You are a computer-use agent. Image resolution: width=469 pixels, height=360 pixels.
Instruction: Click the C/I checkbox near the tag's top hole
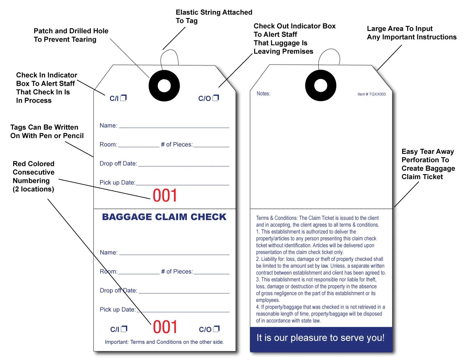pyautogui.click(x=123, y=98)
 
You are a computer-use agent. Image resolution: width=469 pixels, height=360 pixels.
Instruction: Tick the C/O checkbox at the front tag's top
pyautogui.click(x=216, y=98)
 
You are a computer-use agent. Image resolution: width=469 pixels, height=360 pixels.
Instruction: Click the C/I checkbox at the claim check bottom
pyautogui.click(x=124, y=329)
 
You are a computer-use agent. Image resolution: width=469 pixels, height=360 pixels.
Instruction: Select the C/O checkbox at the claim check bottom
pyautogui.click(x=216, y=329)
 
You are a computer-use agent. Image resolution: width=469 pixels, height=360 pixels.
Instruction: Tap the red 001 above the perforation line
pyautogui.click(x=165, y=196)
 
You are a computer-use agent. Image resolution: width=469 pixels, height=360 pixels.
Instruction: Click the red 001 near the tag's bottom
pyautogui.click(x=165, y=327)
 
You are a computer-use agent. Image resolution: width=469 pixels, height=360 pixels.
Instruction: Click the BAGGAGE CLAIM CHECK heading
pyautogui.click(x=164, y=217)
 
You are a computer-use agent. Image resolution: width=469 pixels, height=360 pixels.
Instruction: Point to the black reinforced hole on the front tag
pyautogui.click(x=164, y=86)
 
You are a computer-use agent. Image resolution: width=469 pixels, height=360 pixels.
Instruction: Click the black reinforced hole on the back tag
pyautogui.click(x=321, y=85)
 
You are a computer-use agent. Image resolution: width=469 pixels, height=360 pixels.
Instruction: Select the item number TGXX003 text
pyautogui.click(x=371, y=94)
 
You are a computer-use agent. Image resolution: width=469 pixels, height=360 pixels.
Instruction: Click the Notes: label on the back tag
pyautogui.click(x=263, y=93)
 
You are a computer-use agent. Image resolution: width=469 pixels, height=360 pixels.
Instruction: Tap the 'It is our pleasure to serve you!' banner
pyautogui.click(x=321, y=338)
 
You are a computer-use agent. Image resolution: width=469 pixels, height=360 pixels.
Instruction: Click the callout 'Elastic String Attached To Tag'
pyautogui.click(x=214, y=16)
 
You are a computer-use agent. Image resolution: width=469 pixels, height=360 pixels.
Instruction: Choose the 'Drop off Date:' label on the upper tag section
pyautogui.click(x=118, y=164)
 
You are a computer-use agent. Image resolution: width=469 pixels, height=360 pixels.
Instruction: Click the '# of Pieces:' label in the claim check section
pyautogui.click(x=177, y=272)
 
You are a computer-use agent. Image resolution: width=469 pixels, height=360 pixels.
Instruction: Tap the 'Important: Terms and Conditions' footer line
pyautogui.click(x=164, y=342)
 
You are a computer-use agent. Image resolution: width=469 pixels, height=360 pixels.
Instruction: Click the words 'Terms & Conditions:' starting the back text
pyautogui.click(x=277, y=218)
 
